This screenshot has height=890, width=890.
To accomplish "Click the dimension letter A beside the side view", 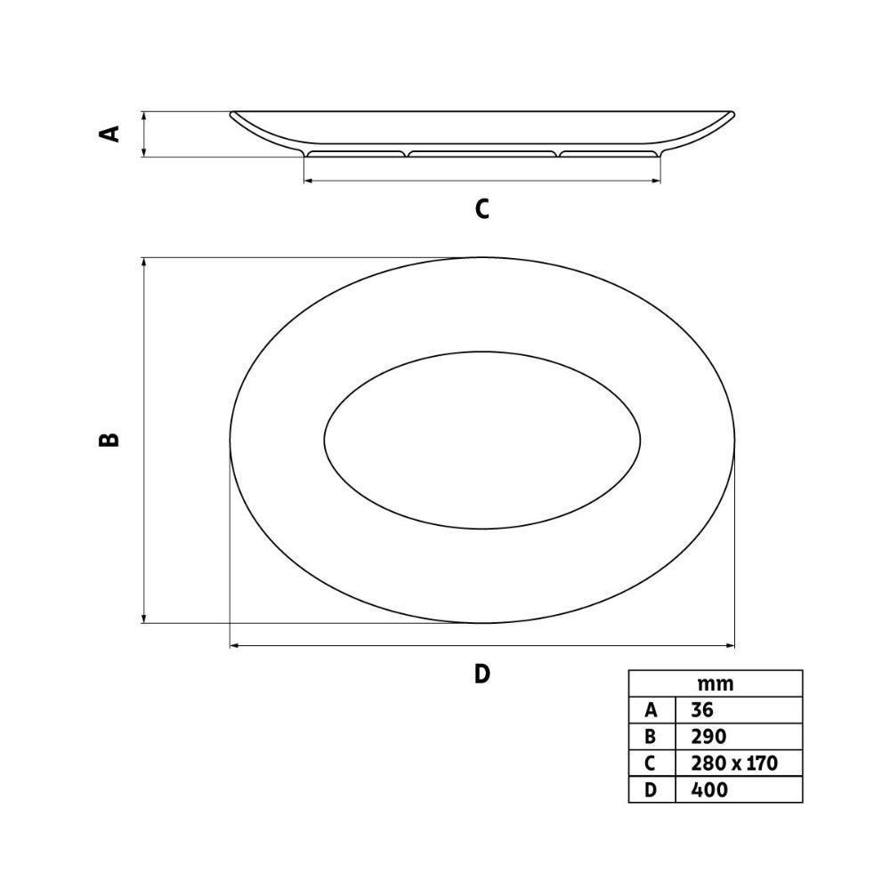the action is (x=109, y=133).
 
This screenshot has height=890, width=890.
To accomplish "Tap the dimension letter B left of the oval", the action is (x=109, y=440).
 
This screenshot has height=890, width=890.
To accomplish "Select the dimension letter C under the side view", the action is (x=481, y=209).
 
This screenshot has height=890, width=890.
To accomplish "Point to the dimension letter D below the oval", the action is (x=481, y=674).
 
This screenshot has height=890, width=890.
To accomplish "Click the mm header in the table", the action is (x=716, y=684).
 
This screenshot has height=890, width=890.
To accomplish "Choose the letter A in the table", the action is (x=651, y=710).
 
